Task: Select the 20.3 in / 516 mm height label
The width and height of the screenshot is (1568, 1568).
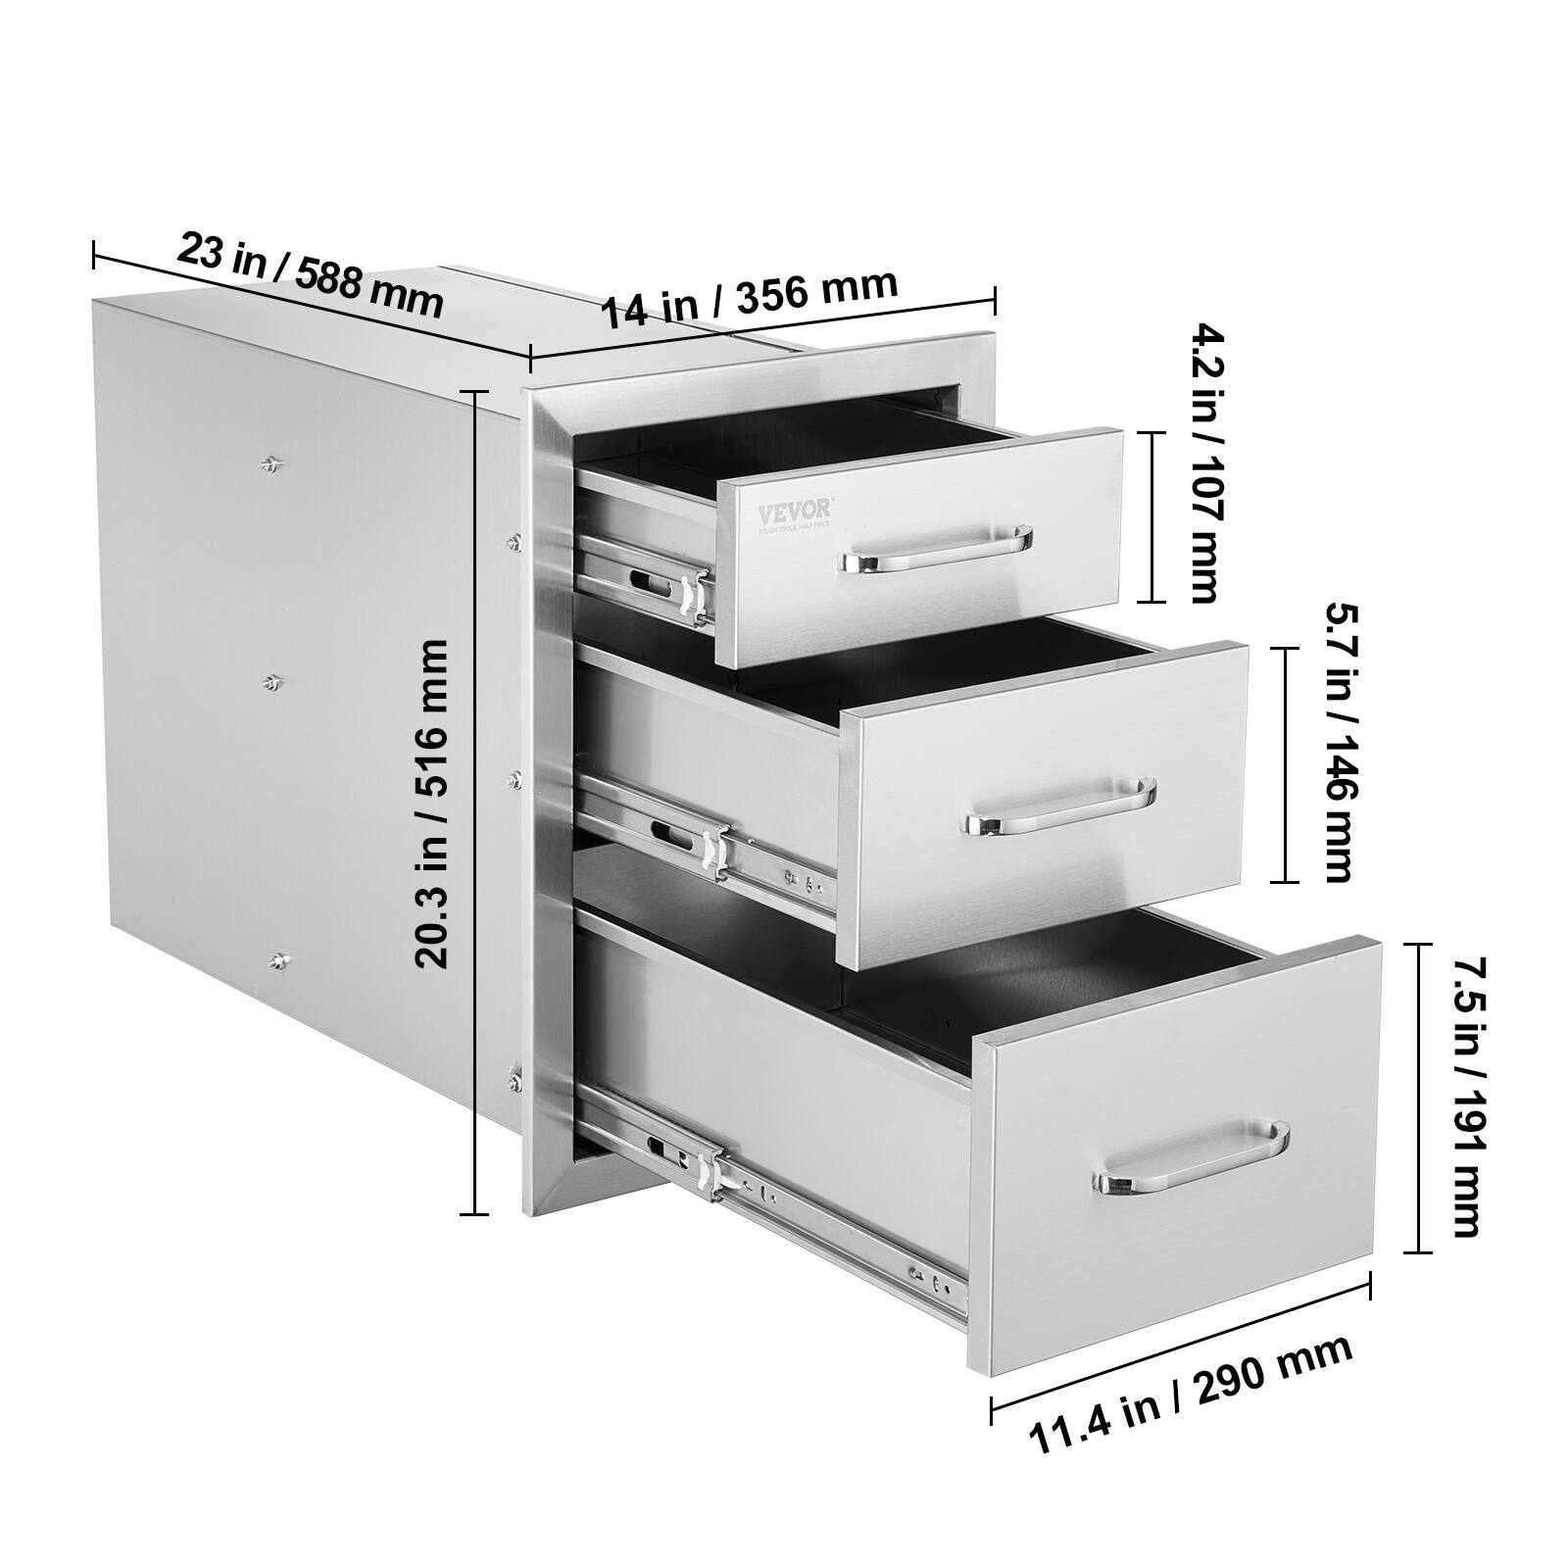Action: [432, 804]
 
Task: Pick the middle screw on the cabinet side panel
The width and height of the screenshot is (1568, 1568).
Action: [271, 683]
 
